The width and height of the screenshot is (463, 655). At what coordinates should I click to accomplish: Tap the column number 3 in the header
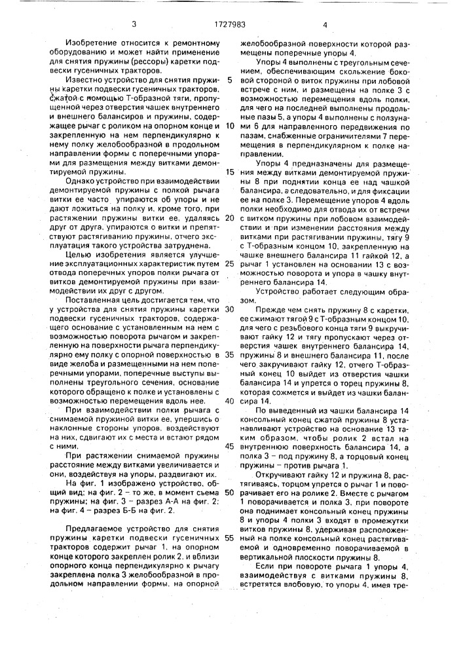(134, 25)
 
